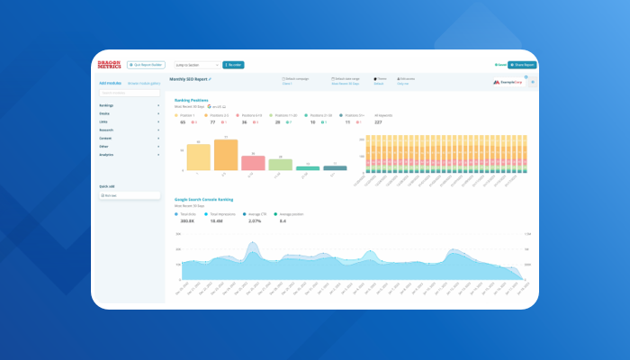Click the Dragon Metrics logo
coord(109,65)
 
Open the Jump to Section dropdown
coord(196,65)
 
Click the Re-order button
coord(234,65)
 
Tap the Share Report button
coord(521,65)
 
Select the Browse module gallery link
coord(144,83)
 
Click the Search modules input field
coord(129,93)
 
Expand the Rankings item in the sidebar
coord(129,105)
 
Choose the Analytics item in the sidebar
coord(129,155)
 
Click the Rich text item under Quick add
coord(129,194)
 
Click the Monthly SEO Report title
coord(189,79)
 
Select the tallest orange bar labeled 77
coord(226,155)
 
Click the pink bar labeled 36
coord(253,163)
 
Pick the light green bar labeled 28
coord(280,165)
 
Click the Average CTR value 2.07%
coord(254,220)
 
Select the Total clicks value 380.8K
coord(188,220)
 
